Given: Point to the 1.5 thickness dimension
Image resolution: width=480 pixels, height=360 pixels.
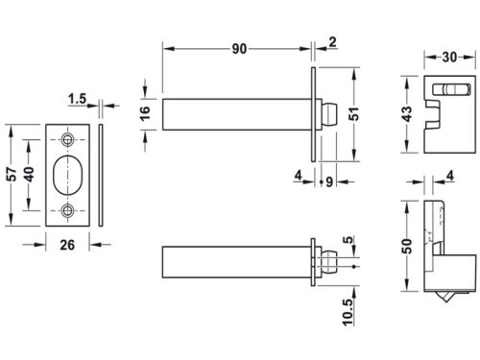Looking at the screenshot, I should pyautogui.click(x=80, y=98).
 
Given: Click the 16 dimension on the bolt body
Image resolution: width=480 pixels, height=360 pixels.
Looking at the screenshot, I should pyautogui.click(x=144, y=112).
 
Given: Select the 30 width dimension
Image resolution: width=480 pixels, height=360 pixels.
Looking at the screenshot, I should pyautogui.click(x=449, y=57).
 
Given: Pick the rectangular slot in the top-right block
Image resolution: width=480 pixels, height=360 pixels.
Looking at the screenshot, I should pyautogui.click(x=450, y=90).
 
